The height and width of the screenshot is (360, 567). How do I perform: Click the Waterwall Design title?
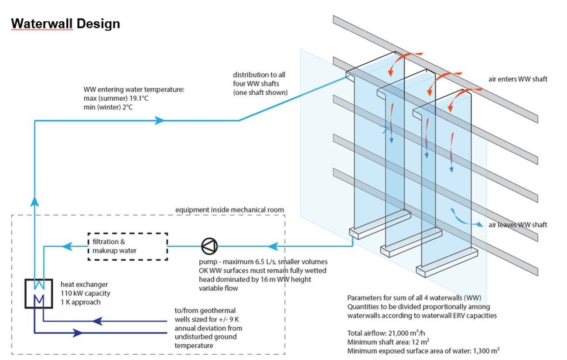point(65,24)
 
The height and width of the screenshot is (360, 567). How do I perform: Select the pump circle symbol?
point(209,247)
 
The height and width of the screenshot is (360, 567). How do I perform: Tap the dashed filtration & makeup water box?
point(128,247)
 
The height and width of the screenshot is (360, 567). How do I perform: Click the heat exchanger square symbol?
point(39,294)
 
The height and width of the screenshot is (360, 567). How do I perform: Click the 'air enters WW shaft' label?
point(518,79)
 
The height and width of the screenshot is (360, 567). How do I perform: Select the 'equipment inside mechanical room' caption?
point(229,210)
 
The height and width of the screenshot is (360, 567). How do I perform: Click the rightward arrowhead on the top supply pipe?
point(160,120)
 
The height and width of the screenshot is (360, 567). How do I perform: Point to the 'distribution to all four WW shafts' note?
point(260,83)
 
